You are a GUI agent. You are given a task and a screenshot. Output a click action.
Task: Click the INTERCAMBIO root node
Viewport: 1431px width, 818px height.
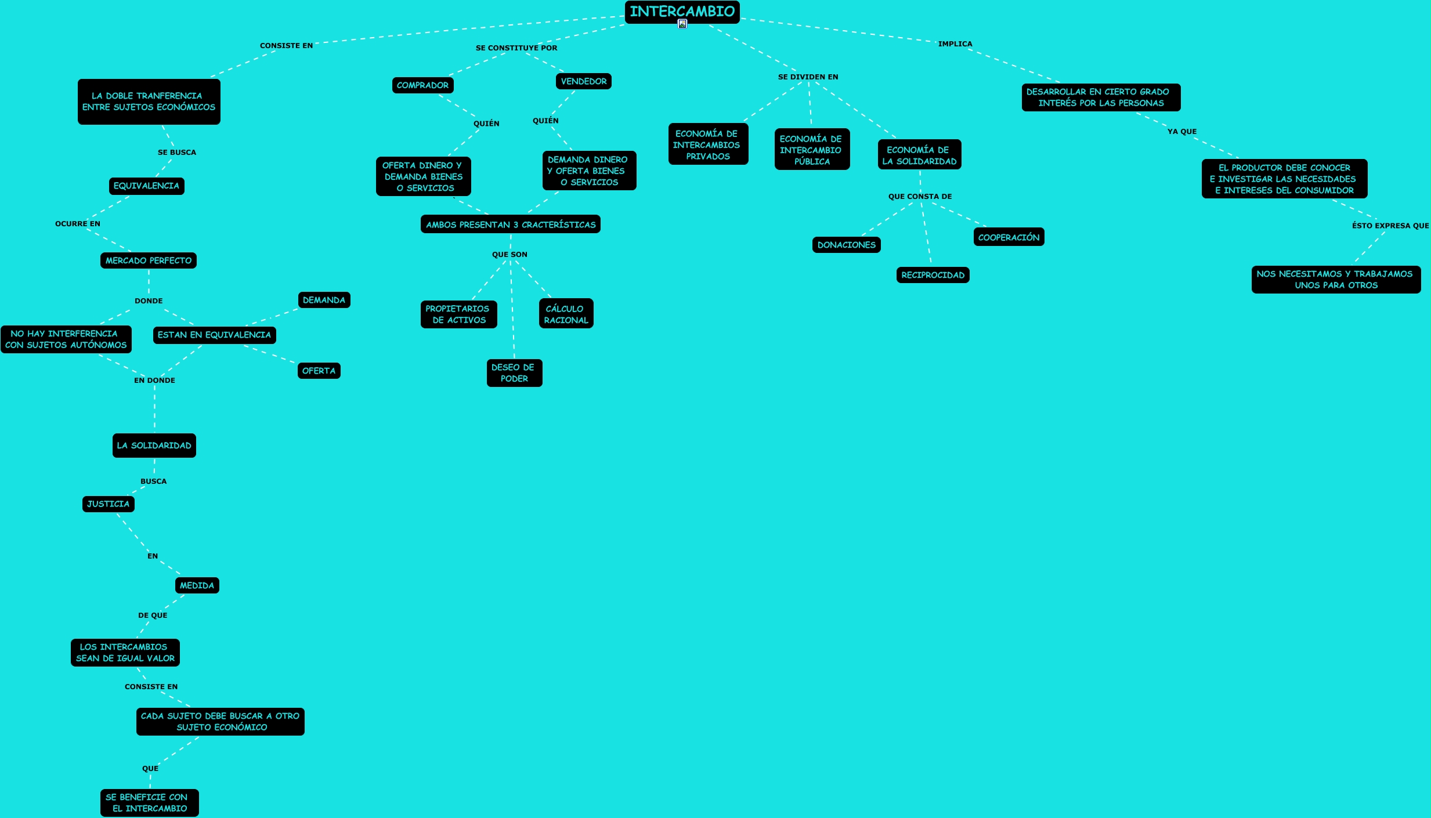point(682,12)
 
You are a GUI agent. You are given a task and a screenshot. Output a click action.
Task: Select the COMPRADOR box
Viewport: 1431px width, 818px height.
point(422,85)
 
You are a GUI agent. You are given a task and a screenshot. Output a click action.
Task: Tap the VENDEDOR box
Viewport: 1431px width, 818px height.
point(583,81)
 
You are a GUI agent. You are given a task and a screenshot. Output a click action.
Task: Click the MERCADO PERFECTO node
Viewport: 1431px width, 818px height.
point(149,260)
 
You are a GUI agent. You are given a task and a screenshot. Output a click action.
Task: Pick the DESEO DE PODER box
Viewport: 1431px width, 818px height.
point(514,372)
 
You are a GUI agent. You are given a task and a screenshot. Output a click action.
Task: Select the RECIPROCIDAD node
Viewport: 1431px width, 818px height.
point(933,275)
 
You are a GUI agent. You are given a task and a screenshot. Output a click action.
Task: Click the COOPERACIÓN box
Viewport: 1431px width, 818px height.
point(1009,237)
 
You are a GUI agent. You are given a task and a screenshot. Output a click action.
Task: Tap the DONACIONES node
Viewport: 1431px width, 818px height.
point(846,245)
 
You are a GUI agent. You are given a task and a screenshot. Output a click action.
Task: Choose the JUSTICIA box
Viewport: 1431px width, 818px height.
point(108,504)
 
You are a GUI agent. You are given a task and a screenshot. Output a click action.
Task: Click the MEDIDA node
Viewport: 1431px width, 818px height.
point(197,585)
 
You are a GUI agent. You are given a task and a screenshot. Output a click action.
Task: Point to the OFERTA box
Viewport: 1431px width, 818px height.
point(319,371)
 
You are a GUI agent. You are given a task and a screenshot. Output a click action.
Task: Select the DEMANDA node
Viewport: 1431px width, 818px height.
point(324,300)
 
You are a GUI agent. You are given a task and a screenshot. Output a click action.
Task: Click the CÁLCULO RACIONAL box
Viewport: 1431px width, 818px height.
point(566,314)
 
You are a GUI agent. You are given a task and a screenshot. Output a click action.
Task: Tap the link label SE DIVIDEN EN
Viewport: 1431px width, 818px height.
point(808,77)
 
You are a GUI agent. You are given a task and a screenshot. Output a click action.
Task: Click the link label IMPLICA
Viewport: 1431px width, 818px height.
point(955,44)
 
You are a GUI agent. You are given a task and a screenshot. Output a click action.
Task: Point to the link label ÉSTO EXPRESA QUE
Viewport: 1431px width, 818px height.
point(1390,226)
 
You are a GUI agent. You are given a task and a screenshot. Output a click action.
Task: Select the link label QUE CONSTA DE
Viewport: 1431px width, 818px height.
point(920,197)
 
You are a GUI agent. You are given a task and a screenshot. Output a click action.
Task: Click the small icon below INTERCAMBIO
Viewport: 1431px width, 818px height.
point(682,24)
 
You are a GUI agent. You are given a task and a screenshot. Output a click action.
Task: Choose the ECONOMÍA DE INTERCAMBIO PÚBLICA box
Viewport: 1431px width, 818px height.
point(811,150)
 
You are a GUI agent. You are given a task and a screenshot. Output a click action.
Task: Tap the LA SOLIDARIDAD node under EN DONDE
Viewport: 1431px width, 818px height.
point(154,446)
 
